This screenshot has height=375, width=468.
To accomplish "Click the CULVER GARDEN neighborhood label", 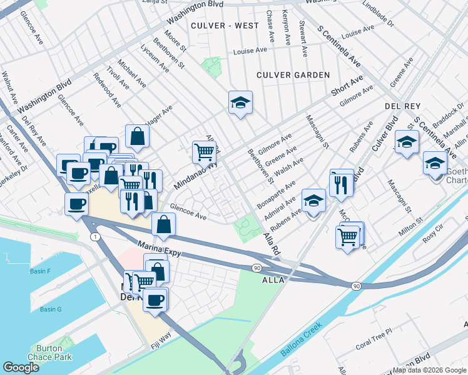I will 293,75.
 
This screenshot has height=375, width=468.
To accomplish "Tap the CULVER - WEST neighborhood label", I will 225,26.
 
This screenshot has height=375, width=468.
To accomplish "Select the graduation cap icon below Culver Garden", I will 240,103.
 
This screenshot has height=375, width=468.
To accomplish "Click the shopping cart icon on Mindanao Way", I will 204,151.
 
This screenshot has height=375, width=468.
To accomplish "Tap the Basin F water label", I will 39,271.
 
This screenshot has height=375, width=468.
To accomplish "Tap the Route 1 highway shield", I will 93,236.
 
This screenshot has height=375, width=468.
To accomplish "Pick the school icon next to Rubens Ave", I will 313,201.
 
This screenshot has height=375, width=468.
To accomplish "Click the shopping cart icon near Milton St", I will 347,236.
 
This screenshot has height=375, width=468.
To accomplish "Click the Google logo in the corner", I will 21,367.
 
